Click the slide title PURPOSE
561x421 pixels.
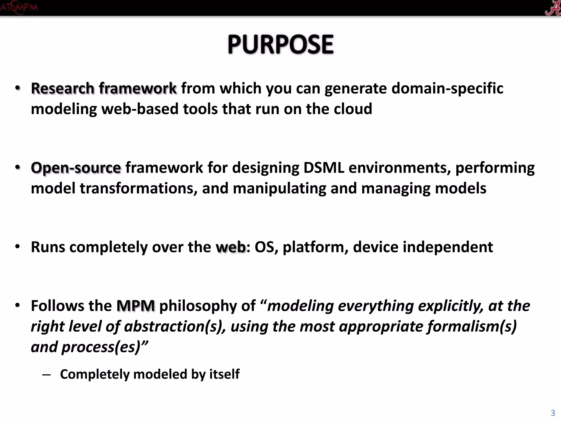[280, 44]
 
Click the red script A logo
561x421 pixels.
[552, 8]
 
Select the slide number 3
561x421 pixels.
[553, 413]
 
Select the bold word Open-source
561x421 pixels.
[76, 168]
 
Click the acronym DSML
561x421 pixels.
[324, 168]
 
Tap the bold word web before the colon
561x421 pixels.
[230, 247]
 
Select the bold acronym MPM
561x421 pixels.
[136, 306]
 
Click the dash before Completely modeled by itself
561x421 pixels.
[47, 375]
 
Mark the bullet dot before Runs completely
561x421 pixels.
[18, 247]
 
